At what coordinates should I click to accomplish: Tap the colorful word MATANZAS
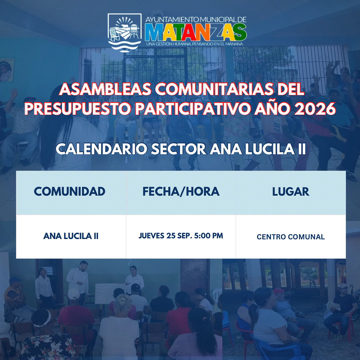[x=196, y=32]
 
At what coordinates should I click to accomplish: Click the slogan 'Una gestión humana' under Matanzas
[x=194, y=44]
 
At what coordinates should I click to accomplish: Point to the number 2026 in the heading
[x=315, y=109]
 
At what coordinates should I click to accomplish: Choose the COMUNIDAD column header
[x=70, y=191]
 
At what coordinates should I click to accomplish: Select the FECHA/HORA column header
[x=181, y=191]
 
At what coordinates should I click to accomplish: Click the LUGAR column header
[x=291, y=191]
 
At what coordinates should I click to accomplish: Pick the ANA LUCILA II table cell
[x=71, y=236]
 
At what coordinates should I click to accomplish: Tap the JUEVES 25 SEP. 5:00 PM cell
[x=181, y=236]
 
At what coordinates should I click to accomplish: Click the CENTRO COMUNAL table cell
[x=291, y=237]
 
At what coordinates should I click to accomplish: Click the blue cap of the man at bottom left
[x=15, y=280]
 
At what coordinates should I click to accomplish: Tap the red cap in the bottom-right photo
[x=278, y=291]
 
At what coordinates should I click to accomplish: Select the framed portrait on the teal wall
[x=7, y=70]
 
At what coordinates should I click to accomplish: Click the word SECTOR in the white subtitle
[x=178, y=149]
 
